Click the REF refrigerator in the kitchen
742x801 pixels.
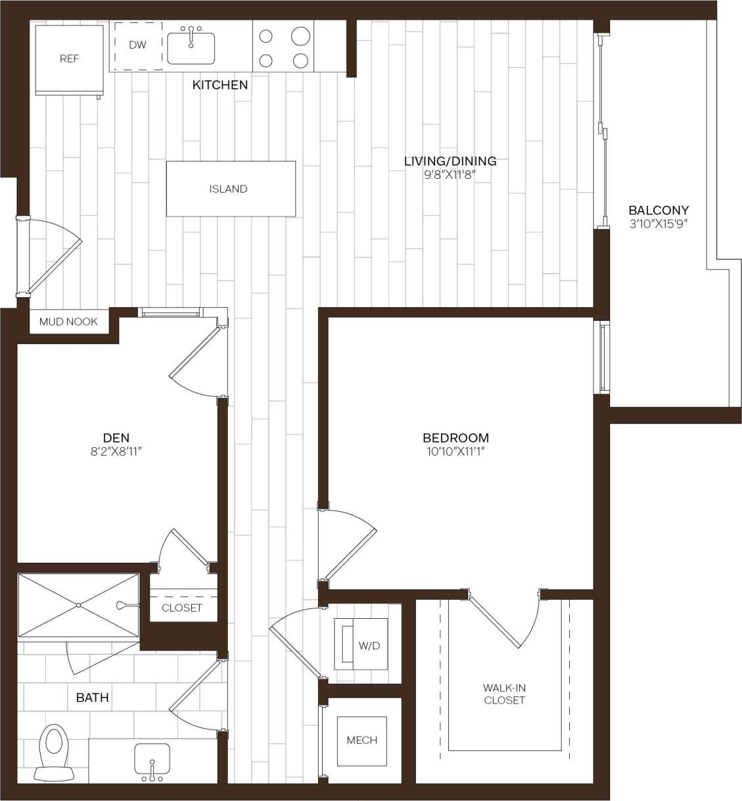pyautogui.click(x=69, y=59)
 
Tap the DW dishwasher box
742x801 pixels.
pyautogui.click(x=138, y=46)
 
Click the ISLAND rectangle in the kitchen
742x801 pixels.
pyautogui.click(x=230, y=189)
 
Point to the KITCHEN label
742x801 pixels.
pyautogui.click(x=220, y=85)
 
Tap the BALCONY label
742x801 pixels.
pyautogui.click(x=659, y=210)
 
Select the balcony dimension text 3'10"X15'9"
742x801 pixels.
pyautogui.click(x=659, y=224)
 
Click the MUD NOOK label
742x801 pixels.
pyautogui.click(x=68, y=322)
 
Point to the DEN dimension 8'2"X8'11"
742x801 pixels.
pyautogui.click(x=116, y=451)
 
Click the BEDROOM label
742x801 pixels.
pyautogui.click(x=455, y=438)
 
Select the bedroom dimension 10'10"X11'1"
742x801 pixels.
pyautogui.click(x=455, y=452)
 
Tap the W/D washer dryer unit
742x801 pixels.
pyautogui.click(x=364, y=644)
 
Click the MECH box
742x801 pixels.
pyautogui.click(x=361, y=740)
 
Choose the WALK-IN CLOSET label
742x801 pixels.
pyautogui.click(x=504, y=694)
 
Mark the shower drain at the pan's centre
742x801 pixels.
pyautogui.click(x=78, y=605)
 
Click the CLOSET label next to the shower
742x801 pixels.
pyautogui.click(x=182, y=608)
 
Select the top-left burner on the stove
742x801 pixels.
pyautogui.click(x=266, y=37)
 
